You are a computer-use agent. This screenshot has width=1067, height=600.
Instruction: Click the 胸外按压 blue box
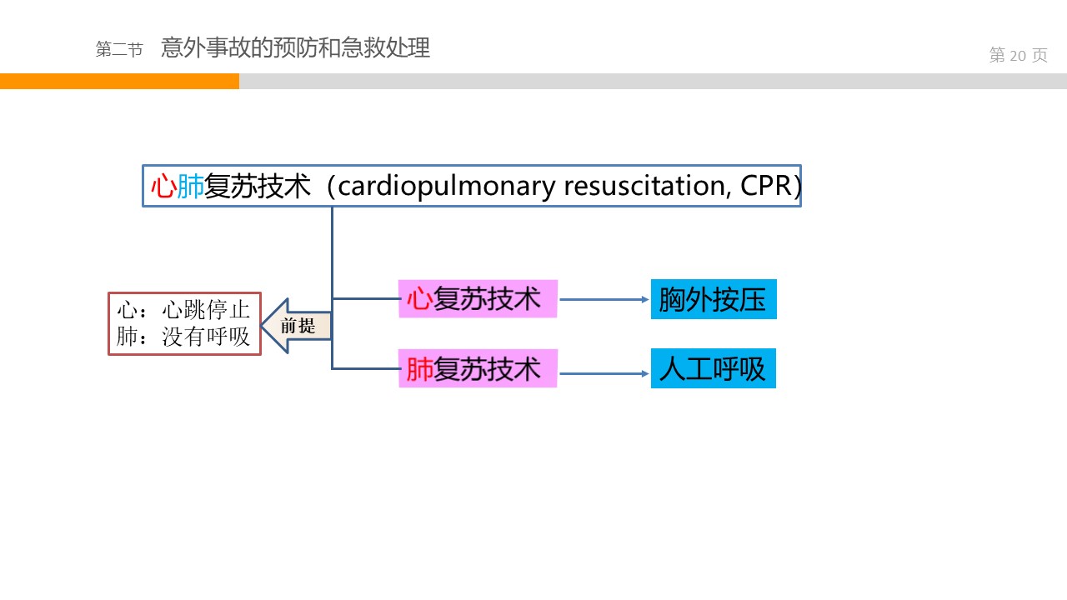713,299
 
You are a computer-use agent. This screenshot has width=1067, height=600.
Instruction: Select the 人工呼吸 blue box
713,368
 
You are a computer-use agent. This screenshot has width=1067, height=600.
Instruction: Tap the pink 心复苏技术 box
478,298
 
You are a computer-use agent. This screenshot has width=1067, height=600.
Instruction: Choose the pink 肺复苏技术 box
478,368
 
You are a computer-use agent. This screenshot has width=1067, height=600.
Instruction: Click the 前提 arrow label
298,326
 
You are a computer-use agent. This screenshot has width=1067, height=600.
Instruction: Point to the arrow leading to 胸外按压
604,299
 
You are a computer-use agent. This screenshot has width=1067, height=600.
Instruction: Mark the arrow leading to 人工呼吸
604,373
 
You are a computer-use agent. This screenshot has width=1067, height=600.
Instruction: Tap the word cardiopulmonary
446,186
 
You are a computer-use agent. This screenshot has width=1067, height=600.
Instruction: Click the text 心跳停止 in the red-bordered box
206,310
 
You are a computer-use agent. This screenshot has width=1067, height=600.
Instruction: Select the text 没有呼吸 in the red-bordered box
206,337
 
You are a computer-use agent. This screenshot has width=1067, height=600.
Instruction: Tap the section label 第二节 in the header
119,49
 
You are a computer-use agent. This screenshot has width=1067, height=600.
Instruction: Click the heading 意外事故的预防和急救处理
295,47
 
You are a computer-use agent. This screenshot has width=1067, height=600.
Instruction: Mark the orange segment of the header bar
119,81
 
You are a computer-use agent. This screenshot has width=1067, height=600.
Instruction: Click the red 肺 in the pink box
419,369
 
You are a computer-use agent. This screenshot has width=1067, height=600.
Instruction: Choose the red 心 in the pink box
419,299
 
